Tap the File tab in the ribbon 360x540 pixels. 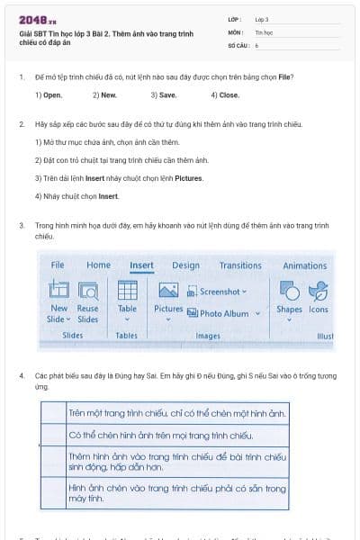[58, 265]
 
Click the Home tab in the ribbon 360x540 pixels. [98, 265]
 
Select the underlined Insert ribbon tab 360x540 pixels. [141, 265]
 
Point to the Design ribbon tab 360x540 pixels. [185, 265]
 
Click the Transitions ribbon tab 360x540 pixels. [240, 265]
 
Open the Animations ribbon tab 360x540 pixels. [304, 265]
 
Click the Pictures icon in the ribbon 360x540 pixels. [168, 291]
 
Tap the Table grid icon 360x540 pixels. [127, 291]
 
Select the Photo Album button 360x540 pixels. [222, 313]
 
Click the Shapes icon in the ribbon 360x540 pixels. [289, 291]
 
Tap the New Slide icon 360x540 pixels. [58, 291]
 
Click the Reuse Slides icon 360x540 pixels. [88, 291]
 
